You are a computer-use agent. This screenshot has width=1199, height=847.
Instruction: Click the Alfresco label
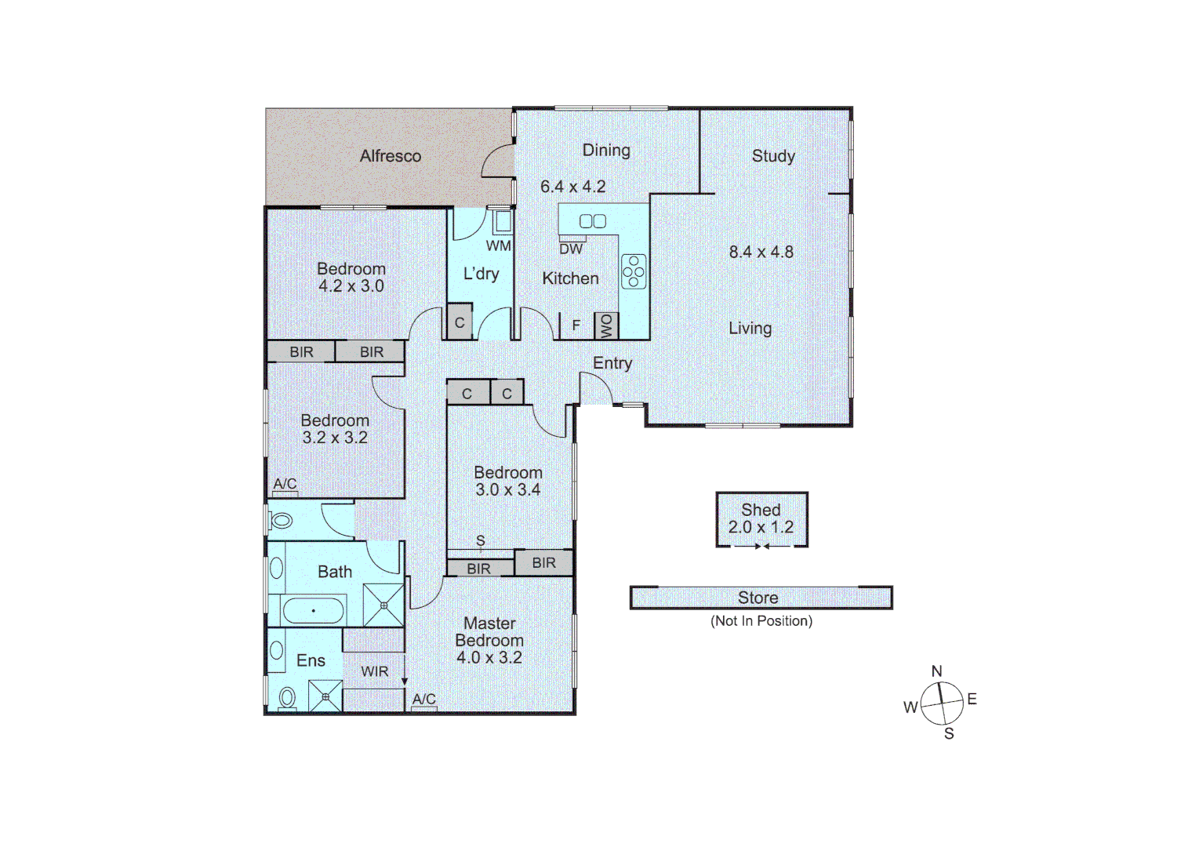390,156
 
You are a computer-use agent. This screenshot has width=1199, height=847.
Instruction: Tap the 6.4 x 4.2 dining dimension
572,187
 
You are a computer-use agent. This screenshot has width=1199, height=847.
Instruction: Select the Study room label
773,156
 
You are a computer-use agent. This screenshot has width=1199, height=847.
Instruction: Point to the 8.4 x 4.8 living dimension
761,252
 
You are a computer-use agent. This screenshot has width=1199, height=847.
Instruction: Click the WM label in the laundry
498,245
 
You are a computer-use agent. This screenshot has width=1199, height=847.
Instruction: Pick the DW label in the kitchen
571,249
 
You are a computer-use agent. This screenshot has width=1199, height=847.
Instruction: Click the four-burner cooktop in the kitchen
634,271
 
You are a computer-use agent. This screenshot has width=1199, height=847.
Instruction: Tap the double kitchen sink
592,221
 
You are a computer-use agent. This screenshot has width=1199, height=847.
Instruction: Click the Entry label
612,363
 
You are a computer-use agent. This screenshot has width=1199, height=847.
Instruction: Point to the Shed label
761,510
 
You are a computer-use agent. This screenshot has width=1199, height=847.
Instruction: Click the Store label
758,598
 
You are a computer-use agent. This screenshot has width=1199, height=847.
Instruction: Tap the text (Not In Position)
761,621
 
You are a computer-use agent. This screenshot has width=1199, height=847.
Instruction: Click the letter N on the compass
936,671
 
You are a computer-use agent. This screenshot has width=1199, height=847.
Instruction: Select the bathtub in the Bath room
313,611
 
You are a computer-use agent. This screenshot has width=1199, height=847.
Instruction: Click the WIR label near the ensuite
374,671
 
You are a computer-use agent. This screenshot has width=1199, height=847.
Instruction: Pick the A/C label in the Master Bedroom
423,699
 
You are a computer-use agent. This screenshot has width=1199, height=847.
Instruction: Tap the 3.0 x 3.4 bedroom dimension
507,490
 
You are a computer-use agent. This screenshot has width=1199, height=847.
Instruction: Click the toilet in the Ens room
287,697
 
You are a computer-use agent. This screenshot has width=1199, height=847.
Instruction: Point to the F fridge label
576,325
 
